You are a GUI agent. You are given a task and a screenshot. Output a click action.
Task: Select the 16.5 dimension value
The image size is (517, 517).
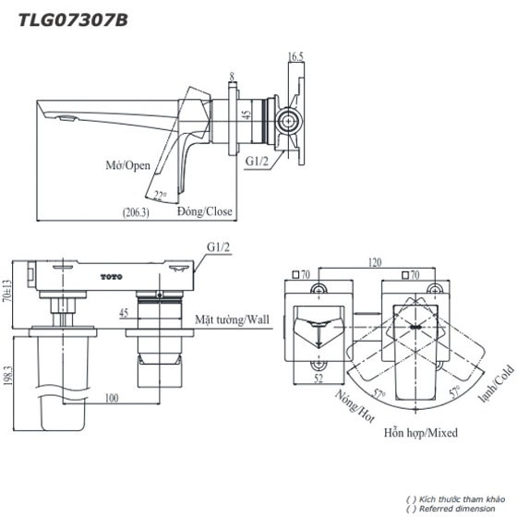[x=295, y=57]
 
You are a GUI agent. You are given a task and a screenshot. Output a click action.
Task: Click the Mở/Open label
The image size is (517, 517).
[x=127, y=167]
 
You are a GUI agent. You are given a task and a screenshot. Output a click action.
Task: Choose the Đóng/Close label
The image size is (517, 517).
[x=205, y=211]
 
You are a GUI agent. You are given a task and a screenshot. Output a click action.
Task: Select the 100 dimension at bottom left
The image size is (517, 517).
[x=112, y=399]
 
